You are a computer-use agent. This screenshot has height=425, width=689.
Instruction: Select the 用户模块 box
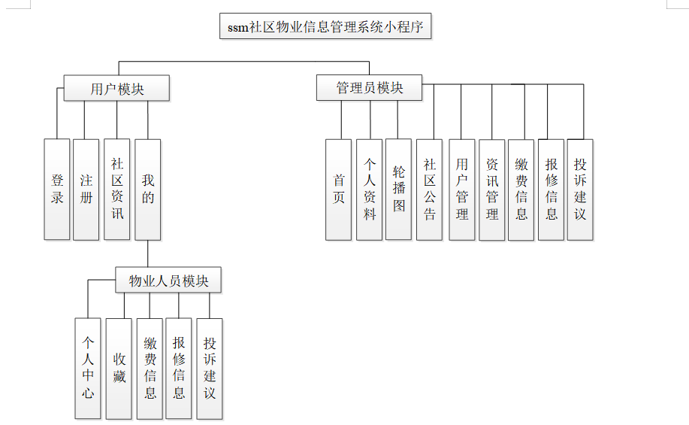click(116, 88)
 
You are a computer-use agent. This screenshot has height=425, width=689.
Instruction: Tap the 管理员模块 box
click(369, 87)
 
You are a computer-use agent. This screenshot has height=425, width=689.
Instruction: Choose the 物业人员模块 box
click(168, 281)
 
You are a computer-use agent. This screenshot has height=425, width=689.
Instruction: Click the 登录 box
click(57, 189)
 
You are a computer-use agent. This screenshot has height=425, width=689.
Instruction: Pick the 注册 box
click(86, 189)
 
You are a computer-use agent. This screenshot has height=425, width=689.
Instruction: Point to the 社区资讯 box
click(117, 189)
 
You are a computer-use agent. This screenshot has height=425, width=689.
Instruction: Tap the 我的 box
click(148, 189)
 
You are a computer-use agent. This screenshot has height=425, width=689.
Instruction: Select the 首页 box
click(339, 189)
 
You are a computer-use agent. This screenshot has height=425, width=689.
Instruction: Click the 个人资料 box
click(370, 189)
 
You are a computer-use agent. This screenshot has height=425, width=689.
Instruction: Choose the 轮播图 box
click(399, 189)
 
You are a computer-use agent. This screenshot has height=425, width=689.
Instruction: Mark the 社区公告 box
click(430, 189)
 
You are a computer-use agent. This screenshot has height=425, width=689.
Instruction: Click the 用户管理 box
click(462, 189)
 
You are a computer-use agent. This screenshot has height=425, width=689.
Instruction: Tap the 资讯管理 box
click(492, 189)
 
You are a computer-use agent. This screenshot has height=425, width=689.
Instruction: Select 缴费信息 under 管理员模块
click(521, 189)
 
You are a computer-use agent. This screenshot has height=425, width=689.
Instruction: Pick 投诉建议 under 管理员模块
click(580, 189)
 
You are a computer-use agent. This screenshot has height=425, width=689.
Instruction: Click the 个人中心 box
click(88, 368)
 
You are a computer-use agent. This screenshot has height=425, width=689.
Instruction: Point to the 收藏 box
click(119, 368)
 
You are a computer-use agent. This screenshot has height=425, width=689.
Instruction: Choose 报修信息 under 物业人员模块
click(179, 368)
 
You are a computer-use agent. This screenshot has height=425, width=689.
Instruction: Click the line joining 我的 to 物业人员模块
click(148, 254)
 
